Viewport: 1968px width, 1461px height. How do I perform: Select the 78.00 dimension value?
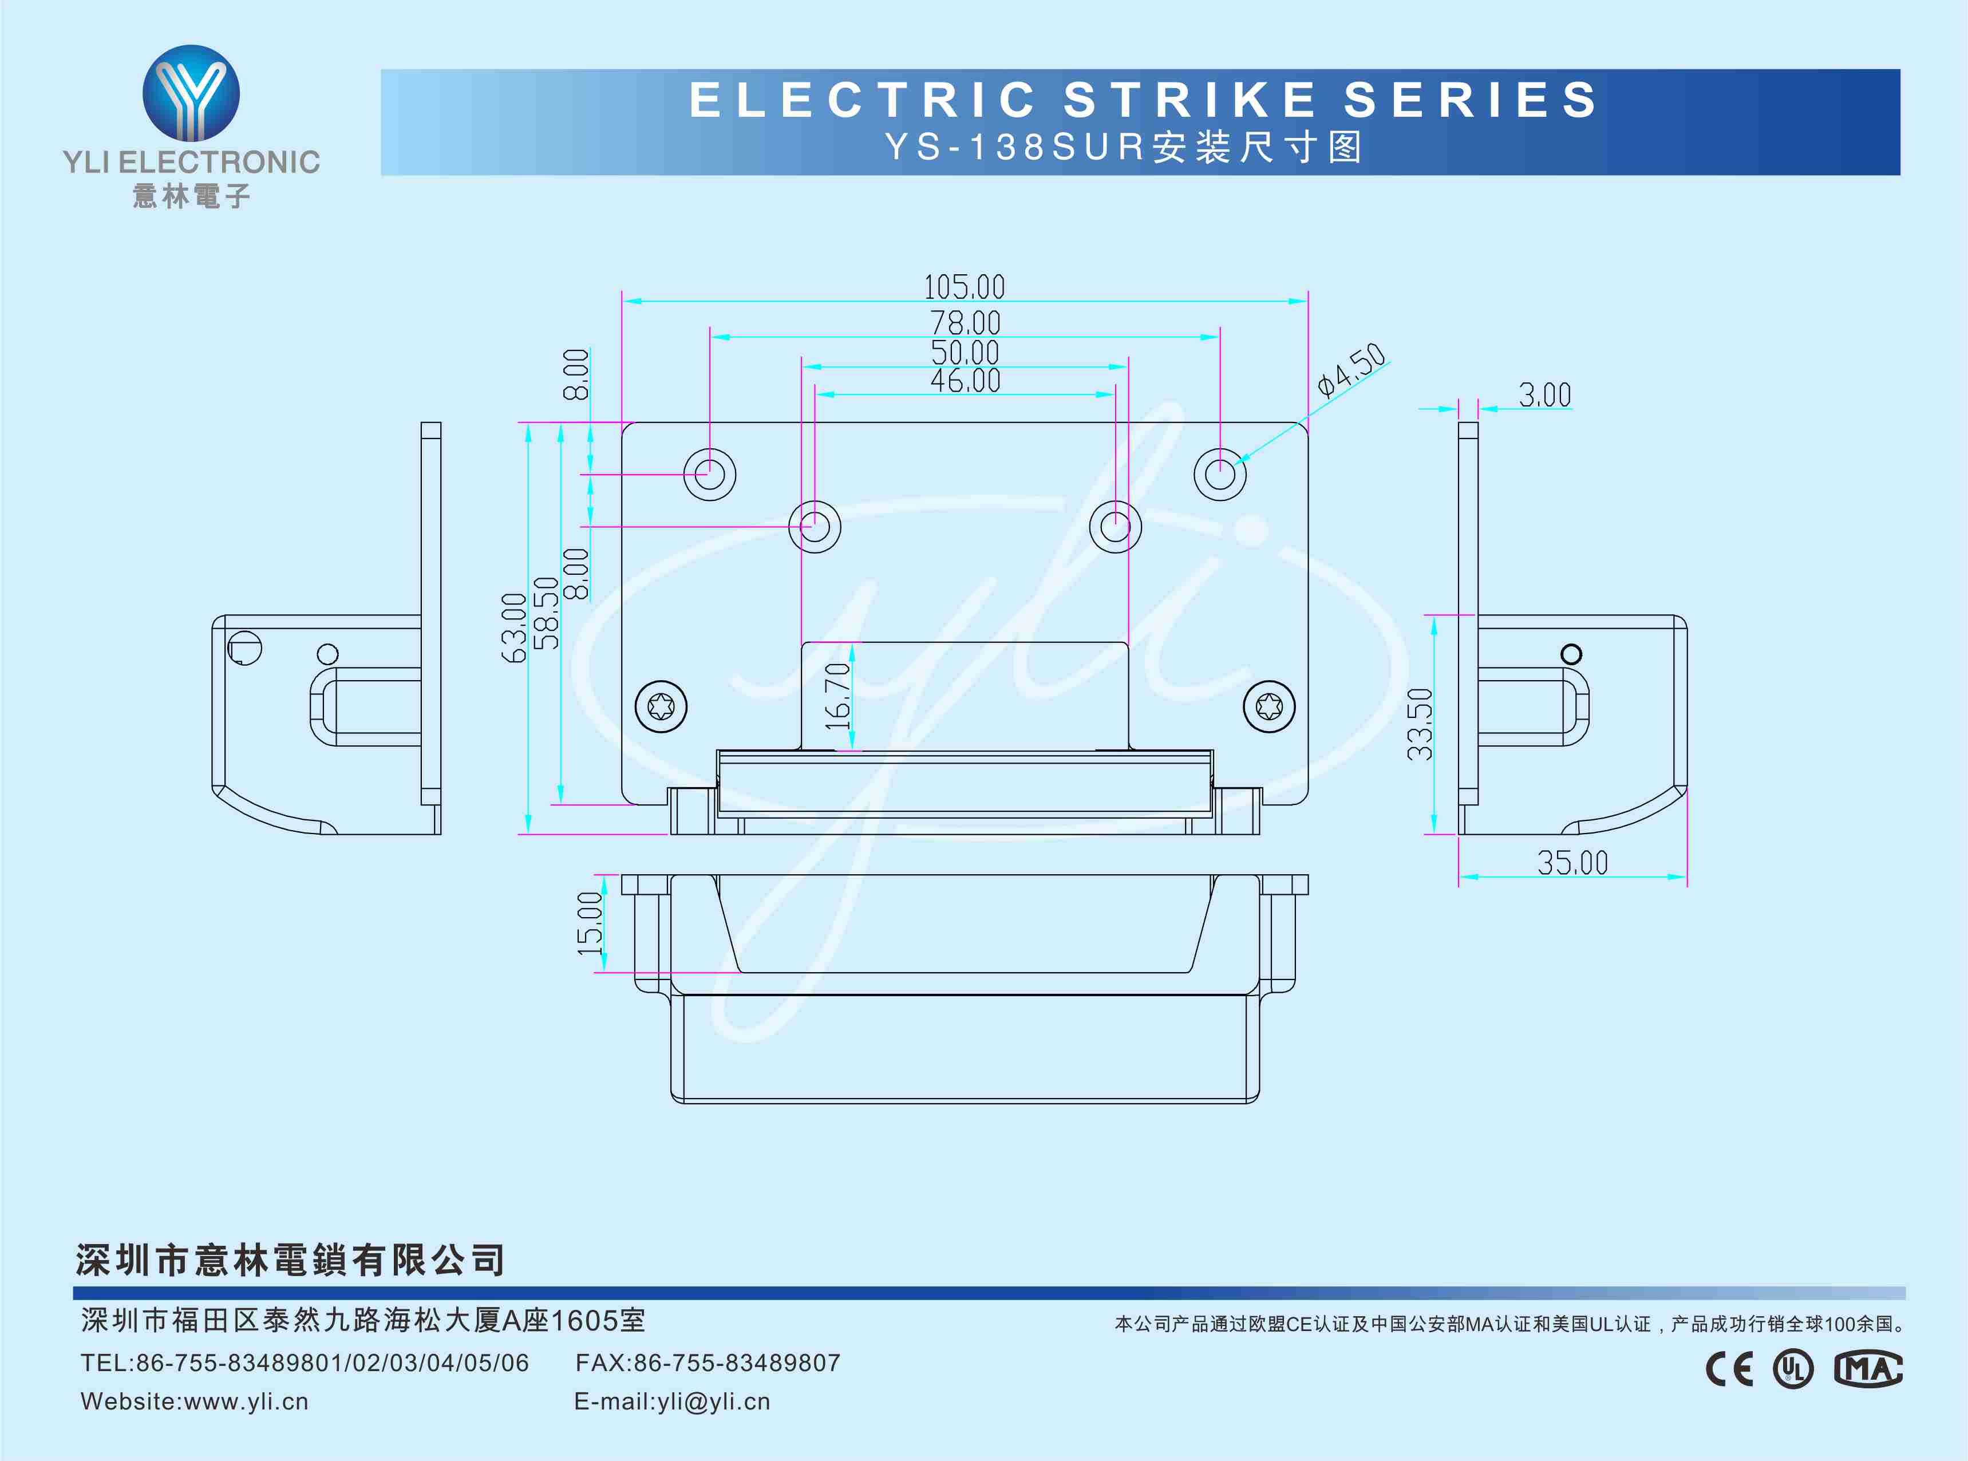point(965,323)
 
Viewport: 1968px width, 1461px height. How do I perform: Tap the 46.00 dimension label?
point(965,380)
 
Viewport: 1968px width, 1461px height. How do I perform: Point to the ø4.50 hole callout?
point(1351,369)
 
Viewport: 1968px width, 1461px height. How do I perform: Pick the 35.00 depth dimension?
point(1572,862)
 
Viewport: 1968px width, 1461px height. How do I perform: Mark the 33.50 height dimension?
point(1419,724)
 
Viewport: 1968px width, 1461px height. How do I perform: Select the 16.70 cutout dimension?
point(836,696)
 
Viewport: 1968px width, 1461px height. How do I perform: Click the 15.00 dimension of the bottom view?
point(590,923)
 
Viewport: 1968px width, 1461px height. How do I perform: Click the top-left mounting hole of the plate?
point(709,474)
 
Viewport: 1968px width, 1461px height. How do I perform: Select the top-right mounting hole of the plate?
point(1220,474)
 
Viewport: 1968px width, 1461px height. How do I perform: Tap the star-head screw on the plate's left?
point(661,706)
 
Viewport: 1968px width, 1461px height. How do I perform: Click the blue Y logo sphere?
point(191,93)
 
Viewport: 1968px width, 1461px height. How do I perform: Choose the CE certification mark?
point(1728,1369)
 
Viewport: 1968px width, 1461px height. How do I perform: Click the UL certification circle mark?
point(1793,1369)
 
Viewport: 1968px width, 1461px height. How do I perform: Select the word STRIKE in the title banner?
point(1190,99)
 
